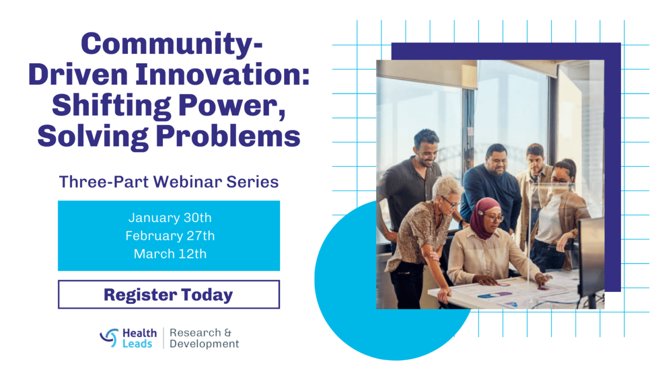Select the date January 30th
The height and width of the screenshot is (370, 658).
pyautogui.click(x=170, y=217)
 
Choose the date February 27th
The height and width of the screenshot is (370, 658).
pyautogui.click(x=170, y=236)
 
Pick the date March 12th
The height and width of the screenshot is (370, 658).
pyautogui.click(x=170, y=254)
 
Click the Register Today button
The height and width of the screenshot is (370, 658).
pyautogui.click(x=169, y=294)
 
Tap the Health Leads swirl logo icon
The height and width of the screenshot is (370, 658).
pyautogui.click(x=109, y=338)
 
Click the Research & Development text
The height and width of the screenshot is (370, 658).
pyautogui.click(x=204, y=338)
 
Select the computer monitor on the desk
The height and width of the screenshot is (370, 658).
pyautogui.click(x=591, y=257)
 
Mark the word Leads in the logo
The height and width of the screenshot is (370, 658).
pyautogui.click(x=137, y=344)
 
